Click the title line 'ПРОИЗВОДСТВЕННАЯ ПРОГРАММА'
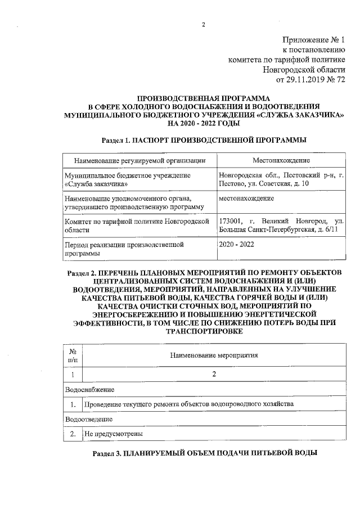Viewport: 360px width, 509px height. pyautogui.click(x=205, y=98)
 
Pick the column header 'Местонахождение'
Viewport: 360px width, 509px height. pyautogui.click(x=281, y=161)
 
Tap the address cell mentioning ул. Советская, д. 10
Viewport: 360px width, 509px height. pyautogui.click(x=281, y=179)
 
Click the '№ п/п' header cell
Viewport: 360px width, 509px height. pyautogui.click(x=73, y=355)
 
